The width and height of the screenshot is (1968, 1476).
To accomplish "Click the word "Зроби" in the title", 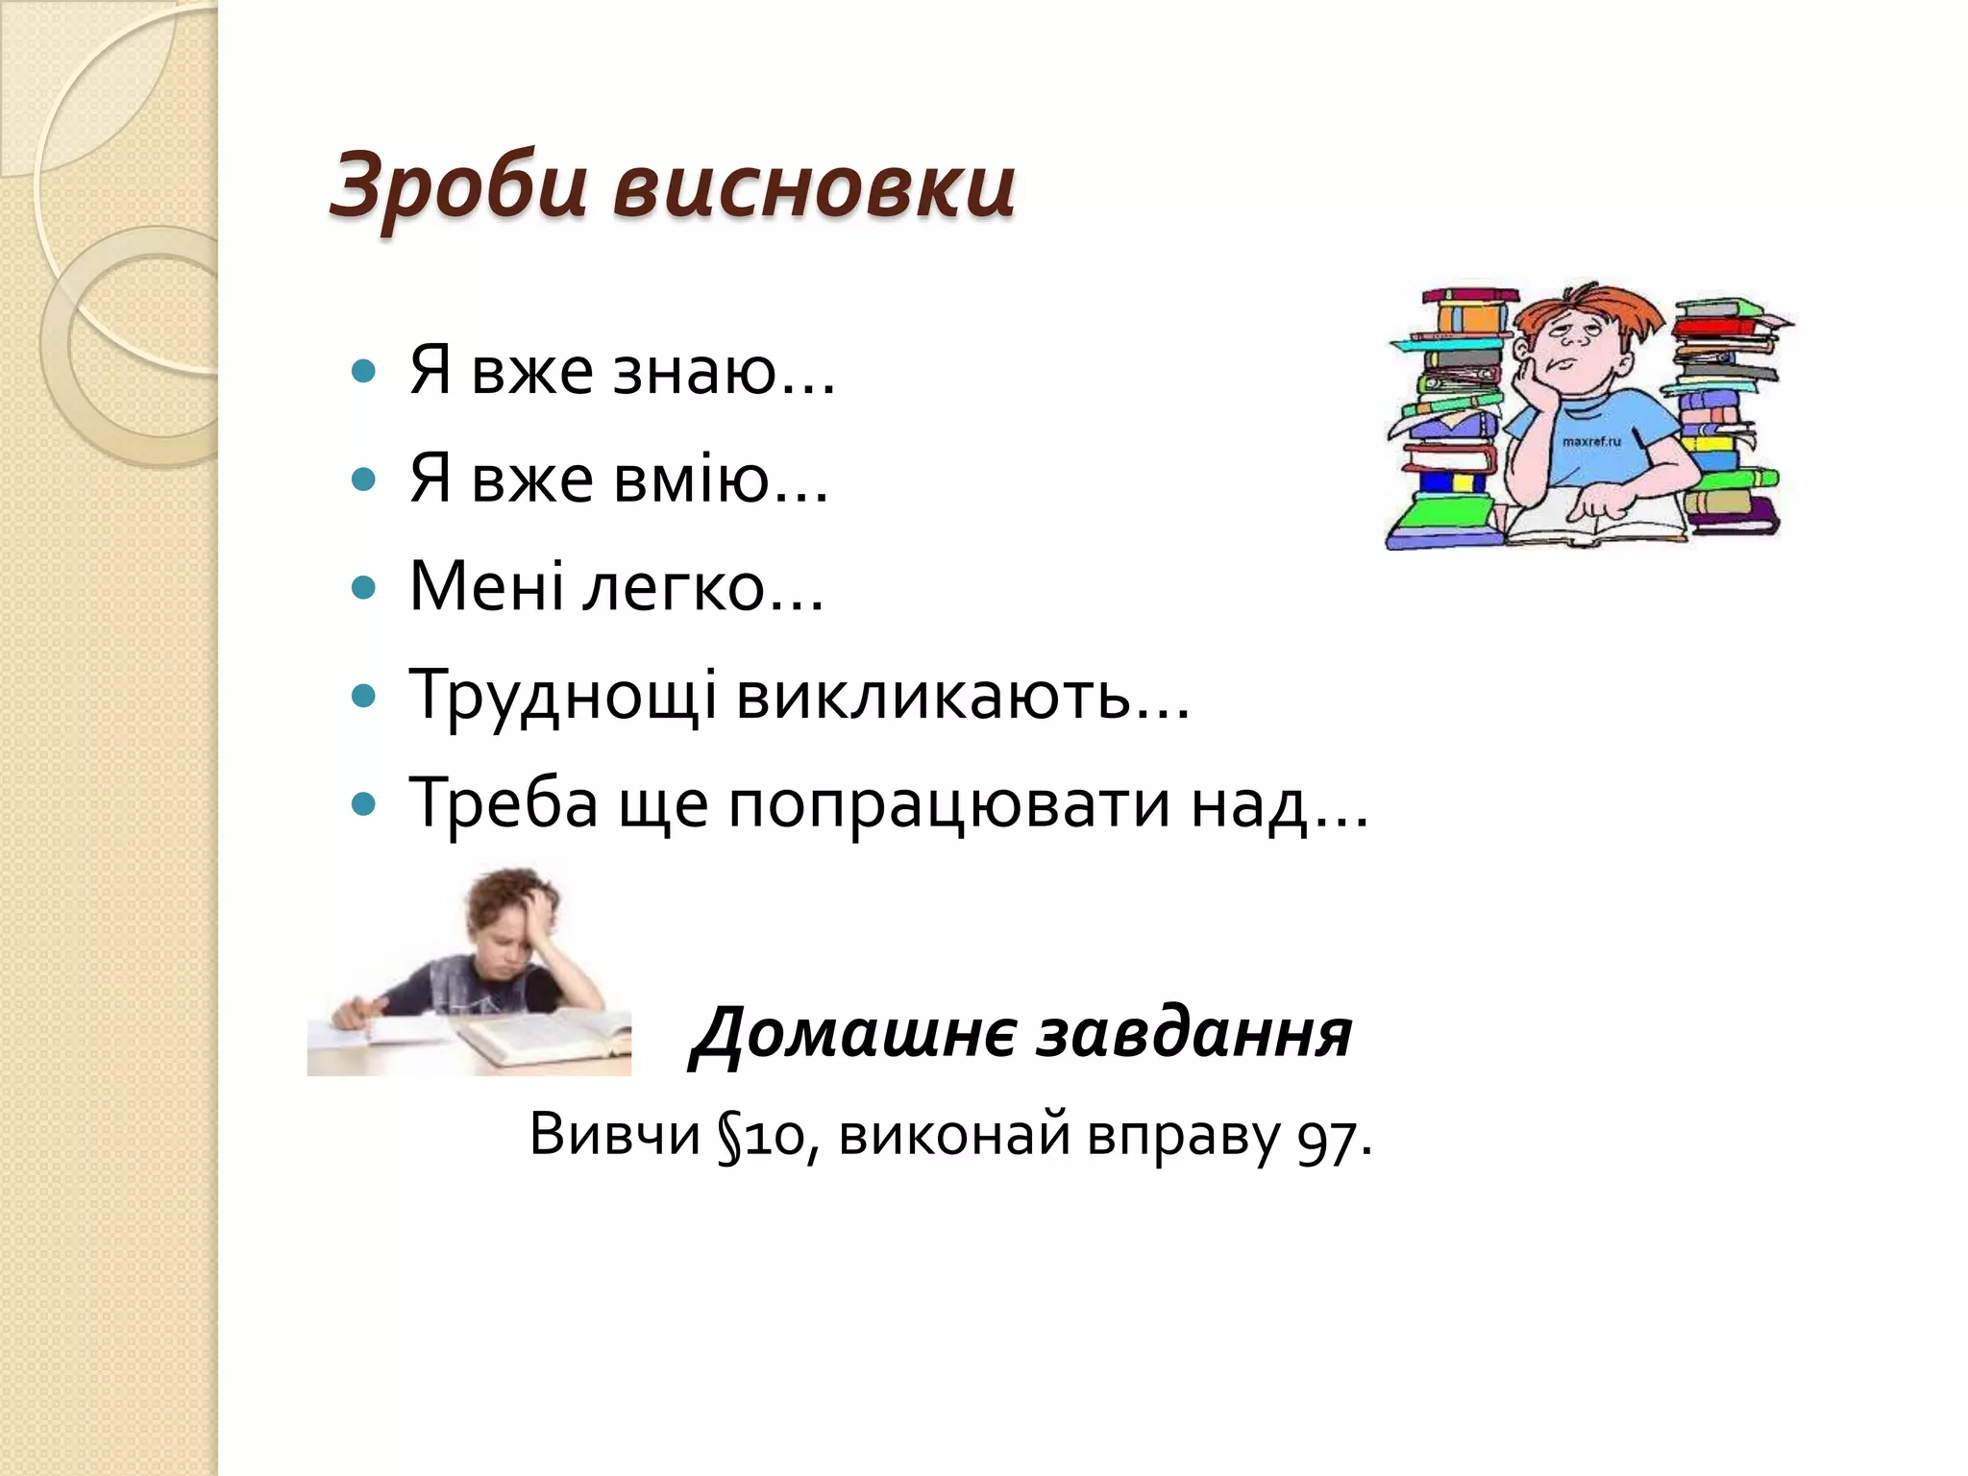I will (457, 185).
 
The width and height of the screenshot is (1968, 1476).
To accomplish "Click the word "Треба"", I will (504, 802).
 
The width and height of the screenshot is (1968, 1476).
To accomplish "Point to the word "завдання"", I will (1196, 1033).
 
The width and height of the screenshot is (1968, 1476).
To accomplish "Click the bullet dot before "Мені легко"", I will (363, 588).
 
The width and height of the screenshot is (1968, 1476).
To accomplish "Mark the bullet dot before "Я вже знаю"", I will (363, 372).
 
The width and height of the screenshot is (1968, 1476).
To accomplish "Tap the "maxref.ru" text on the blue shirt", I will (1591, 441).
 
